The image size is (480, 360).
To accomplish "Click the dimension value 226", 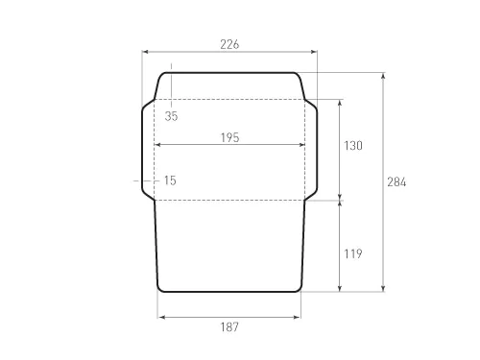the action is [229, 44].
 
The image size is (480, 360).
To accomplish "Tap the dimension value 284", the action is [396, 182].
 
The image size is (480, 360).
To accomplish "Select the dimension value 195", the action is [229, 137].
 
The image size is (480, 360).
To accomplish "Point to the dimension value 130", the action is [353, 146].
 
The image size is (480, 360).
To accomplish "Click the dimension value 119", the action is [353, 253].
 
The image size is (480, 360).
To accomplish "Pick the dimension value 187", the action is [229, 327].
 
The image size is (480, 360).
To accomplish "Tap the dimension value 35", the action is [171, 116].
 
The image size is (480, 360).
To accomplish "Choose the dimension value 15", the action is [170, 180].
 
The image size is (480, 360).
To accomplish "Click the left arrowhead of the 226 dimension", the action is [145, 52].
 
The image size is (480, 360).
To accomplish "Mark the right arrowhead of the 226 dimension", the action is [314, 52].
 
